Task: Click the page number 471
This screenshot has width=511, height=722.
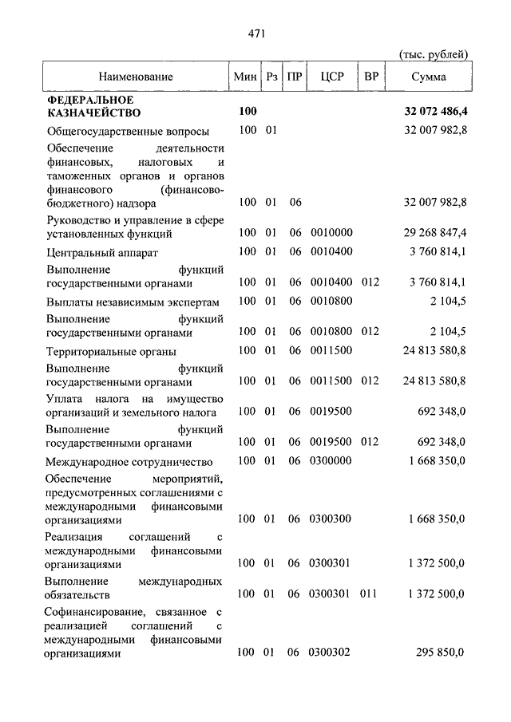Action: pos(255,34)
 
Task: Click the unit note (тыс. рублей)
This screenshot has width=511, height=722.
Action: pos(433,53)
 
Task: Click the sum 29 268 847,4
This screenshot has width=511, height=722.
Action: pos(430,234)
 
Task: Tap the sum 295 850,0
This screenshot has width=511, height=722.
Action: pos(439,653)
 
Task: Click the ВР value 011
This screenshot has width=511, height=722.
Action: pos(370,594)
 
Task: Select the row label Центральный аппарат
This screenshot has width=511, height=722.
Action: pos(102,254)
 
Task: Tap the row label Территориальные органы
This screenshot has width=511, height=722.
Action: pos(111,351)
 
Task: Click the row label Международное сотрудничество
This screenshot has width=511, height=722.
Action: pos(129,462)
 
